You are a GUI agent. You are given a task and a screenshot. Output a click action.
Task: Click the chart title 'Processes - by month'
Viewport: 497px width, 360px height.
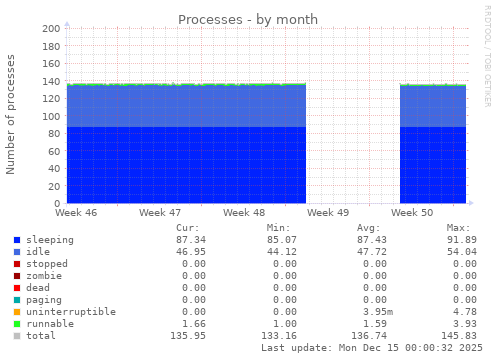pos(248,19)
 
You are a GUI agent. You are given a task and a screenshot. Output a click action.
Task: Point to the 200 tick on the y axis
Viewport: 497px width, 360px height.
pos(50,29)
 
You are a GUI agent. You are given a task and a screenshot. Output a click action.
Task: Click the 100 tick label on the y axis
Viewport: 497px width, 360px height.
pos(50,116)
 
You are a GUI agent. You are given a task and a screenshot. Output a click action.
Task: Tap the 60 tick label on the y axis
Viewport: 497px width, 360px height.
pos(53,151)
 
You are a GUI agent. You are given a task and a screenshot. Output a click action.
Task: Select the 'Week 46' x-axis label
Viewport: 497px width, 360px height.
pos(77,213)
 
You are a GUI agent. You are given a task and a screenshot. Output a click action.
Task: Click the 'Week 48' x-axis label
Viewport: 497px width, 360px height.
pos(244,213)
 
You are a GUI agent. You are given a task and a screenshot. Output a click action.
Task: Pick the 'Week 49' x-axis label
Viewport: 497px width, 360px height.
pos(328,213)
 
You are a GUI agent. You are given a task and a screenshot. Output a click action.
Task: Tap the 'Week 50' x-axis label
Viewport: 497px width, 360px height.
pos(412,213)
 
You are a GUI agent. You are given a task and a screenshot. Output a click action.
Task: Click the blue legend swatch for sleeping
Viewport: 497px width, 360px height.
pos(17,240)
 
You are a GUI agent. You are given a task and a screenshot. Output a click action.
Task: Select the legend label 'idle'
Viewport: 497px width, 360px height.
pos(37,252)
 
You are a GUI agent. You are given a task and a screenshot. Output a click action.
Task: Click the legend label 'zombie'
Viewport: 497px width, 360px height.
pos(44,276)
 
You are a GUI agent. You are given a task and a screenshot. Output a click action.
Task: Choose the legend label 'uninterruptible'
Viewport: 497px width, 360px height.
pos(71,312)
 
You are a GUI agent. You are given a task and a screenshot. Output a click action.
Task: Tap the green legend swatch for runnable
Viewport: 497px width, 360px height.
pos(17,324)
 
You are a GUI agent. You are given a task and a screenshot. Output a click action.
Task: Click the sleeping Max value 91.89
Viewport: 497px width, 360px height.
pos(461,240)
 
